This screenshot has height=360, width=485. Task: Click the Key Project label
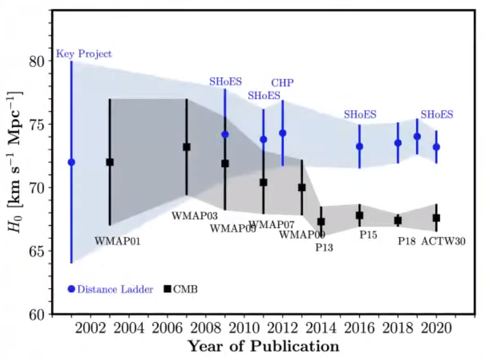click(84, 55)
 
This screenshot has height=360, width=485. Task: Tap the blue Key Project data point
click(71, 162)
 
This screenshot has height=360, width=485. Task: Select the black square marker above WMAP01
click(110, 162)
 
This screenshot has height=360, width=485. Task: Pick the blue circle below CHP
click(282, 133)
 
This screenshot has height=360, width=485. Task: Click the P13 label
click(324, 247)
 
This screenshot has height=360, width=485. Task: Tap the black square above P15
click(359, 215)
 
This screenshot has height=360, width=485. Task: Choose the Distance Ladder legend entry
click(110, 289)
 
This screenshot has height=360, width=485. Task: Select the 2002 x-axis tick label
click(90, 330)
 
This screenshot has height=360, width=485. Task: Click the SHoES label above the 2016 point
click(360, 115)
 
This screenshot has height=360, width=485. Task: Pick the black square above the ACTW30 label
click(436, 218)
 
